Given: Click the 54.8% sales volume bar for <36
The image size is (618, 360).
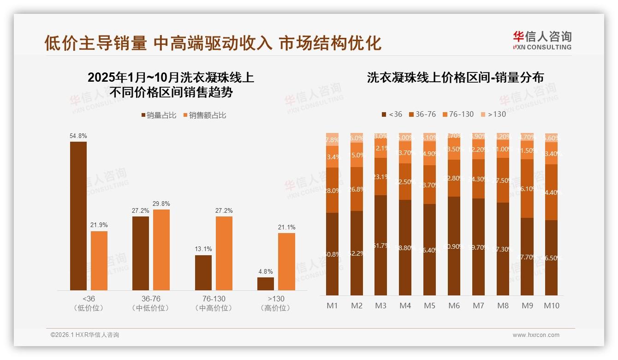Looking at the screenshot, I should pyautogui.click(x=78, y=216).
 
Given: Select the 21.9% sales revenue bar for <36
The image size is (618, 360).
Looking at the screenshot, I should pyautogui.click(x=99, y=261).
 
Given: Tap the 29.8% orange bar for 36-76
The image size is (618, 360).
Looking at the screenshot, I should pyautogui.click(x=161, y=250).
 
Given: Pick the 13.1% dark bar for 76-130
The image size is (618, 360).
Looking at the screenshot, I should pyautogui.click(x=203, y=273).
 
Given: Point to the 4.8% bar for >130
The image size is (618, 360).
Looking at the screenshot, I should pyautogui.click(x=266, y=284).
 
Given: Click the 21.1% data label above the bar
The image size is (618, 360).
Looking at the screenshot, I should pyautogui.click(x=286, y=228).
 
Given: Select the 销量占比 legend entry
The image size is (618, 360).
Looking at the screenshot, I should pyautogui.click(x=159, y=115).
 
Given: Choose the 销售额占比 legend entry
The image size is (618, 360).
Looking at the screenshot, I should pyautogui.click(x=205, y=115).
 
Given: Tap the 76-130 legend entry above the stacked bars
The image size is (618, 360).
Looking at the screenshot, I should pyautogui.click(x=458, y=114).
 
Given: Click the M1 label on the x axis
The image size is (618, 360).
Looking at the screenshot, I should pyautogui.click(x=332, y=306).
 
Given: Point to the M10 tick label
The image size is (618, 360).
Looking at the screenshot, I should pyautogui.click(x=551, y=306).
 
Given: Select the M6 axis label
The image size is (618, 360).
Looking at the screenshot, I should pyautogui.click(x=454, y=306).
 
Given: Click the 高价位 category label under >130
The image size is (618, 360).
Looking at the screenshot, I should pyautogui.click(x=275, y=308).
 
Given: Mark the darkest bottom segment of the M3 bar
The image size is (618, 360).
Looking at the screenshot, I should pyautogui.click(x=380, y=245).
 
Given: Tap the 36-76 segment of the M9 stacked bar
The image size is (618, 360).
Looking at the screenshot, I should pyautogui.click(x=527, y=188).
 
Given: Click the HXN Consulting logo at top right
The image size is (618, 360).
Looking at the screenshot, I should pyautogui.click(x=542, y=40).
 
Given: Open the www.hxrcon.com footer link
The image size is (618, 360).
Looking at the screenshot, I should pyautogui.click(x=536, y=335).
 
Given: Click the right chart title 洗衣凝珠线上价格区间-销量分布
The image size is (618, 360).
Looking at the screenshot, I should pyautogui.click(x=455, y=78).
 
